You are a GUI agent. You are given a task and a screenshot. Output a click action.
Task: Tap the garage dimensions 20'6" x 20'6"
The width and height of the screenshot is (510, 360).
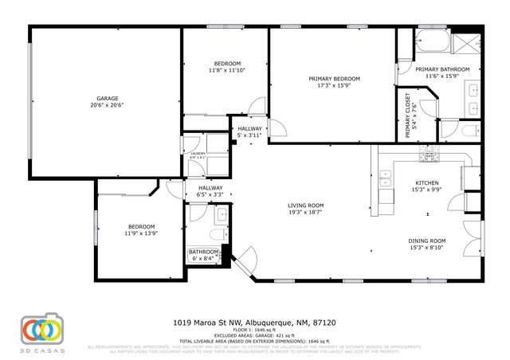[107, 105]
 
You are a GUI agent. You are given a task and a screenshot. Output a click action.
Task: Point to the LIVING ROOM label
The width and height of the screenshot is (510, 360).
[306, 205]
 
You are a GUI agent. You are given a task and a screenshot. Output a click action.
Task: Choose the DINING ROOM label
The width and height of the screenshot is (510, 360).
[427, 241]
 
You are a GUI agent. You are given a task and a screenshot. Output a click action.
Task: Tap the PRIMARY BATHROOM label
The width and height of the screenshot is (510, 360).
[441, 69]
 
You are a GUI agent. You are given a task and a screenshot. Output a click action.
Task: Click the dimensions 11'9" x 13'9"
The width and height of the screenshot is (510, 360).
[139, 233]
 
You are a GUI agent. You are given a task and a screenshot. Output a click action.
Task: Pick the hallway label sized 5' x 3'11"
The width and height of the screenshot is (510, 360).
[249, 135]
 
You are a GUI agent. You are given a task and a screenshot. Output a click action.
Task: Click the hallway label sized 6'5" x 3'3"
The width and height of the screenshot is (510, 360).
[210, 194]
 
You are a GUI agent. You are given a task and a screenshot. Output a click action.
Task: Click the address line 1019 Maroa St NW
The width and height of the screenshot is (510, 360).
[254, 323]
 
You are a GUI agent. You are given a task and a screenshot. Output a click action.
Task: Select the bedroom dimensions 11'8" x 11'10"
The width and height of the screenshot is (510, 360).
[227, 70]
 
